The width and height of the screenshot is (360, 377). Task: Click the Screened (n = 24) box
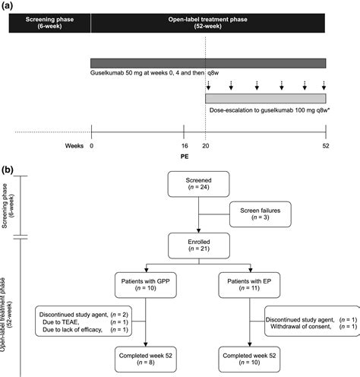tap(199, 184)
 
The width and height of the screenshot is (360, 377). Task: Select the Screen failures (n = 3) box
tap(261, 214)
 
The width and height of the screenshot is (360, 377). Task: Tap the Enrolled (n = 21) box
tap(199, 246)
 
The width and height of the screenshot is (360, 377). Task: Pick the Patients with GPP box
tap(146, 285)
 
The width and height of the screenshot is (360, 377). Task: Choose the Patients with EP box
tap(249, 285)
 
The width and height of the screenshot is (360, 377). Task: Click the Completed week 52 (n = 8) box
tap(146, 360)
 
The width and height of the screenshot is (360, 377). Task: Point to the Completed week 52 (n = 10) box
tap(249, 360)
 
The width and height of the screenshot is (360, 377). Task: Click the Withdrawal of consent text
tap(301, 327)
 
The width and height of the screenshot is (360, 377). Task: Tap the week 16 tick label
tap(185, 146)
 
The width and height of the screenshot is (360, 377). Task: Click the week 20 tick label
tap(206, 146)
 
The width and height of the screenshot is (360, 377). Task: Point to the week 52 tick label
tap(326, 146)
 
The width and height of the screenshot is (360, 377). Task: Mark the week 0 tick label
tap(91, 146)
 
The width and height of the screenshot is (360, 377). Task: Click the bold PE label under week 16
tap(185, 157)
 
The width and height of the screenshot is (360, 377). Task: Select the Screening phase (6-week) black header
tap(49, 23)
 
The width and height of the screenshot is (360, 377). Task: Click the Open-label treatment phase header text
tap(207, 20)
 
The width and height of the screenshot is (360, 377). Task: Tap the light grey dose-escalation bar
tap(266, 98)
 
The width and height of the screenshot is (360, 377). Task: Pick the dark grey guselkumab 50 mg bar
tap(208, 63)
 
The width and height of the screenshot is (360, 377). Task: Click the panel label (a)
tap(7, 6)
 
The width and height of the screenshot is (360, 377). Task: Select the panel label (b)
tap(7, 170)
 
